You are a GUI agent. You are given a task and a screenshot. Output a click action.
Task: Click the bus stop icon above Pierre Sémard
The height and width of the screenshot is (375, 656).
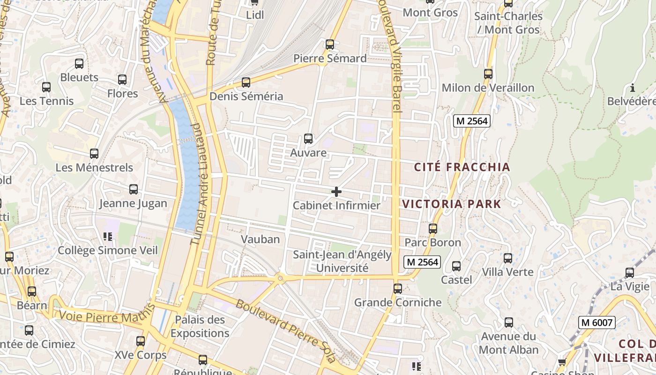(330, 45)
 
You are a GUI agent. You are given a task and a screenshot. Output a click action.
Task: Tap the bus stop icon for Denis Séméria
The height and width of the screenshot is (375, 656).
(246, 82)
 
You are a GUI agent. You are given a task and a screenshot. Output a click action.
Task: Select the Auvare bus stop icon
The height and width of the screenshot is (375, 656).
(308, 139)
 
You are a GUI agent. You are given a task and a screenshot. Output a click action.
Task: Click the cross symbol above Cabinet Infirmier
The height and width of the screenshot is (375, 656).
(336, 191)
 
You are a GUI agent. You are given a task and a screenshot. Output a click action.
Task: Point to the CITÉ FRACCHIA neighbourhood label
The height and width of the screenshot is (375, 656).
(462, 167)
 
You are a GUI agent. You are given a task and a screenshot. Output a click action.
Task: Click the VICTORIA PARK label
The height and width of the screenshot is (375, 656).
(452, 204)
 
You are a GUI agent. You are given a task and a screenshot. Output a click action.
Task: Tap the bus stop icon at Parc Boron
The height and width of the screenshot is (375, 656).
(433, 229)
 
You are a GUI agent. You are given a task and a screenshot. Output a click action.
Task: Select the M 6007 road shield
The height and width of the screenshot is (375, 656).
(596, 322)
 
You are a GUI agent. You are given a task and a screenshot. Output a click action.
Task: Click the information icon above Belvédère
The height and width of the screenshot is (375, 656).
(633, 88)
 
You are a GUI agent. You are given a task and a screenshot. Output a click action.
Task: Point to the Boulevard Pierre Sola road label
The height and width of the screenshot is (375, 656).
(286, 330)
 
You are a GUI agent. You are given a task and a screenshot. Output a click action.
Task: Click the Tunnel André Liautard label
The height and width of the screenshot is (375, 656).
(200, 184)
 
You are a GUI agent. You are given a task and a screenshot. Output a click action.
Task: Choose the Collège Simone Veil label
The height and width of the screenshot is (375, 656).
(108, 250)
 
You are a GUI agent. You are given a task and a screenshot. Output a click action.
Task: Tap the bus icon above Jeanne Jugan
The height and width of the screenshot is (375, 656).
(134, 189)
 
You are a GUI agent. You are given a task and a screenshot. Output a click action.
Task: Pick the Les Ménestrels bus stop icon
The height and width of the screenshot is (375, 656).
(94, 153)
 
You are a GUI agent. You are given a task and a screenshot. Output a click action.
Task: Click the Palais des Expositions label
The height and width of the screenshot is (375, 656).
(200, 326)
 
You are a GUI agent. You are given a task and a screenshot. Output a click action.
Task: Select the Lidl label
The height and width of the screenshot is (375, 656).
(255, 15)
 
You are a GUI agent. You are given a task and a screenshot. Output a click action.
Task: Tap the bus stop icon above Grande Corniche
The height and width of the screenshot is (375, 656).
(398, 289)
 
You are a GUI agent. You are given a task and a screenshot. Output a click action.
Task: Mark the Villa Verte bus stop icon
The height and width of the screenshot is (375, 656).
(508, 258)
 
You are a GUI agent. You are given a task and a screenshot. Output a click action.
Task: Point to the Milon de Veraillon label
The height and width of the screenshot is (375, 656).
(488, 88)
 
